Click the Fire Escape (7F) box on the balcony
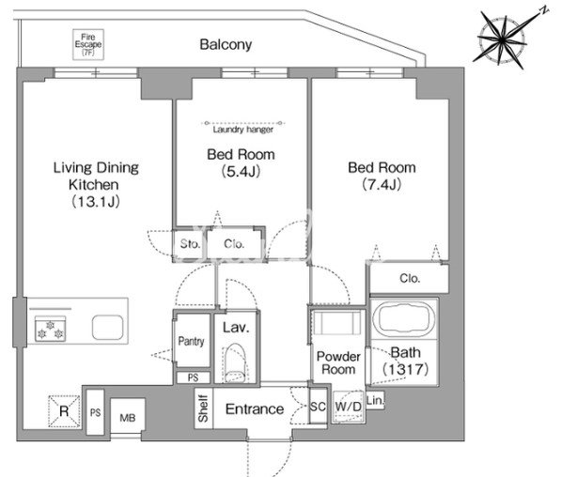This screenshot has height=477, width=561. pos(88,44)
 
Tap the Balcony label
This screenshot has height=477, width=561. pos(226,45)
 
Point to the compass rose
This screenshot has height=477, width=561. pos(505,38)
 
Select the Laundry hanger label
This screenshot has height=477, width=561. pos(243,129)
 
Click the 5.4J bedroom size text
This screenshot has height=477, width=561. pos(241,172)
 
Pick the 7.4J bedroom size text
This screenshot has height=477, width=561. pos(382,184)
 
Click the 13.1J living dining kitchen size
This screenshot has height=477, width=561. pos(95,202)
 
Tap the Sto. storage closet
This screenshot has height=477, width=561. pos(190,244)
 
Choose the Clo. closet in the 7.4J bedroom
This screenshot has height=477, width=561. pos(410,278)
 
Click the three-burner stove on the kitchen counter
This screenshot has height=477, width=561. pos(50,330)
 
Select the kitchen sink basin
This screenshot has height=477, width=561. pos(107,327)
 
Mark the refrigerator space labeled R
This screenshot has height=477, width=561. pos(64,411)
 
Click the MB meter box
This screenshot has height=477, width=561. pos(128,417)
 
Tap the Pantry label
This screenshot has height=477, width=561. pos(192,341)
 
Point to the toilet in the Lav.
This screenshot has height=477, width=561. pos(235,362)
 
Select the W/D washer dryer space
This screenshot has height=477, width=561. pos(348,407)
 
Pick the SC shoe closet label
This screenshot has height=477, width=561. pos(318,407)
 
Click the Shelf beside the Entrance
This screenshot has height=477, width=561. pos(204,408)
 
